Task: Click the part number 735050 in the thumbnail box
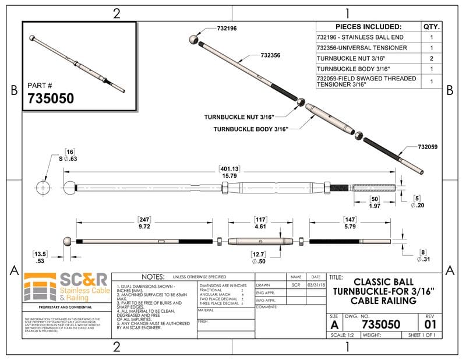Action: click(x=51, y=98)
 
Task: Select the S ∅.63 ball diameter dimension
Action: click(x=69, y=158)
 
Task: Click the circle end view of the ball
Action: click(x=44, y=188)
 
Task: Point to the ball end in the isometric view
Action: click(x=194, y=40)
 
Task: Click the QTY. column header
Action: click(x=431, y=27)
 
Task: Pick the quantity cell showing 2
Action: click(x=431, y=58)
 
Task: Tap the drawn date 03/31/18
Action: click(x=315, y=285)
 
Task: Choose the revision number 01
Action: click(x=430, y=323)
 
